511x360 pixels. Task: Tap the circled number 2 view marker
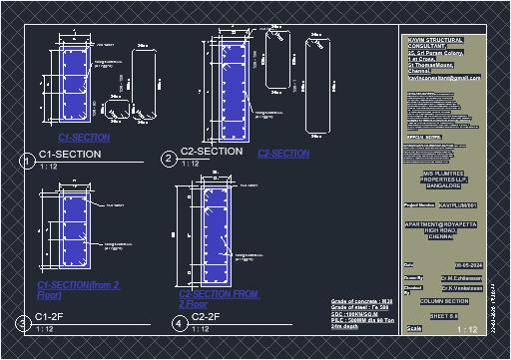pos(169,159)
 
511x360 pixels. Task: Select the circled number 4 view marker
pos(179,323)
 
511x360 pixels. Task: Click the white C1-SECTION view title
pos(70,155)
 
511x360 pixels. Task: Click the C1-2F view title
pos(50,316)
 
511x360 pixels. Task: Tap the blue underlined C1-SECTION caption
pos(85,137)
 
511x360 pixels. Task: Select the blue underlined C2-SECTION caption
pos(283,154)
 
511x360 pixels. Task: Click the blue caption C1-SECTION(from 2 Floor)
pos(78,290)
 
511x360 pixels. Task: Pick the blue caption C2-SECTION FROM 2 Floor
pos(219,298)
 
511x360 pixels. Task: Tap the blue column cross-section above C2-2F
pos(220,235)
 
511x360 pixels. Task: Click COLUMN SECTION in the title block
pos(443,300)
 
